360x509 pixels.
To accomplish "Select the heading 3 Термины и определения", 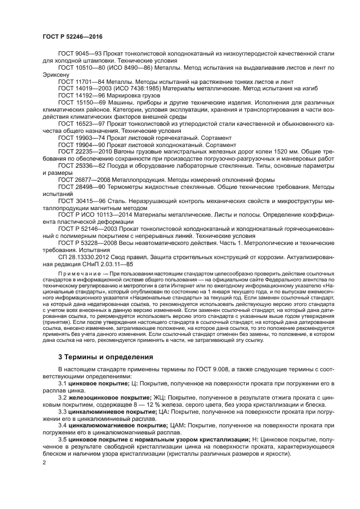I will point(103,357).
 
